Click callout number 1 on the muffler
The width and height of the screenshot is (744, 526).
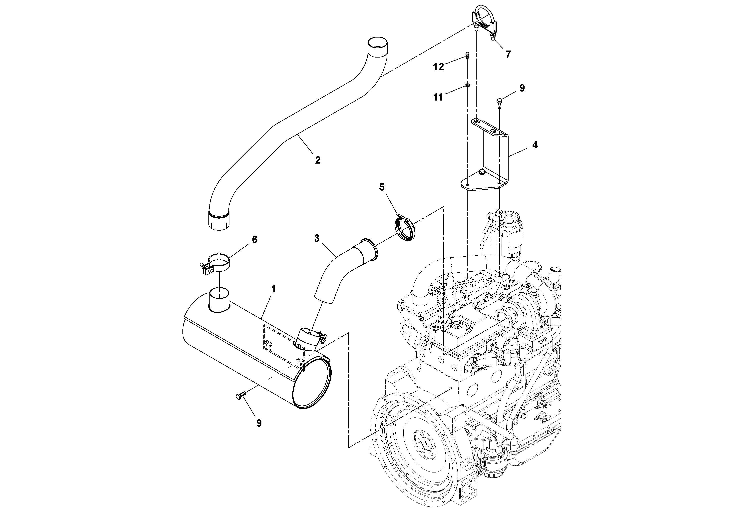point(273,289)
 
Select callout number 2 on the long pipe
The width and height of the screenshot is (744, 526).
point(318,160)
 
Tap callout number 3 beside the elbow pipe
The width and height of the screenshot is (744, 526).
point(317,239)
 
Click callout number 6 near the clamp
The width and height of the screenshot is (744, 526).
point(254,240)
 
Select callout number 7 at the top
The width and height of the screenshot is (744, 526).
point(508,55)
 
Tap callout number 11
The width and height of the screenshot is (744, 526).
point(438,97)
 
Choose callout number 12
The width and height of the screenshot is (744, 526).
point(438,67)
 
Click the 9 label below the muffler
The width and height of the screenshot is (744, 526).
point(259,423)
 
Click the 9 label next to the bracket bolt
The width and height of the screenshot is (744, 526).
point(522,88)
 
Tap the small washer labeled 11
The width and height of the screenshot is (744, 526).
point(467,85)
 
